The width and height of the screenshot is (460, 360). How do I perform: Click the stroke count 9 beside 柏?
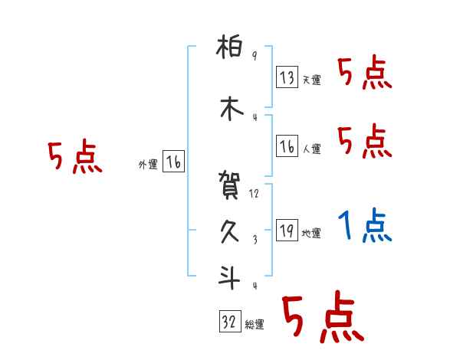click(255, 57)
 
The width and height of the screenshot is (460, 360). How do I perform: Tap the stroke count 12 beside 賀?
click(255, 194)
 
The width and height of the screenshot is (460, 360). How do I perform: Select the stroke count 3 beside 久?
click(255, 239)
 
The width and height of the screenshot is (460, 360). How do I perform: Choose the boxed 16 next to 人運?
click(287, 146)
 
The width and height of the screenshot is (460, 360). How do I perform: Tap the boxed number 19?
click(287, 231)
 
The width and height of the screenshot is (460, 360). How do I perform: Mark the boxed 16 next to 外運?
click(173, 162)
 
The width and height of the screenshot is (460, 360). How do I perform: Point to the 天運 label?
click(311, 80)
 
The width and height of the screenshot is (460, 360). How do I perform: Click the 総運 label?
click(255, 325)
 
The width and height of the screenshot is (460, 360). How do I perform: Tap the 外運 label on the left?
click(147, 164)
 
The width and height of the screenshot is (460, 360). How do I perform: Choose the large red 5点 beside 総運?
click(321, 318)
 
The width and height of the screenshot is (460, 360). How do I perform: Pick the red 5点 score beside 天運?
click(365, 74)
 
